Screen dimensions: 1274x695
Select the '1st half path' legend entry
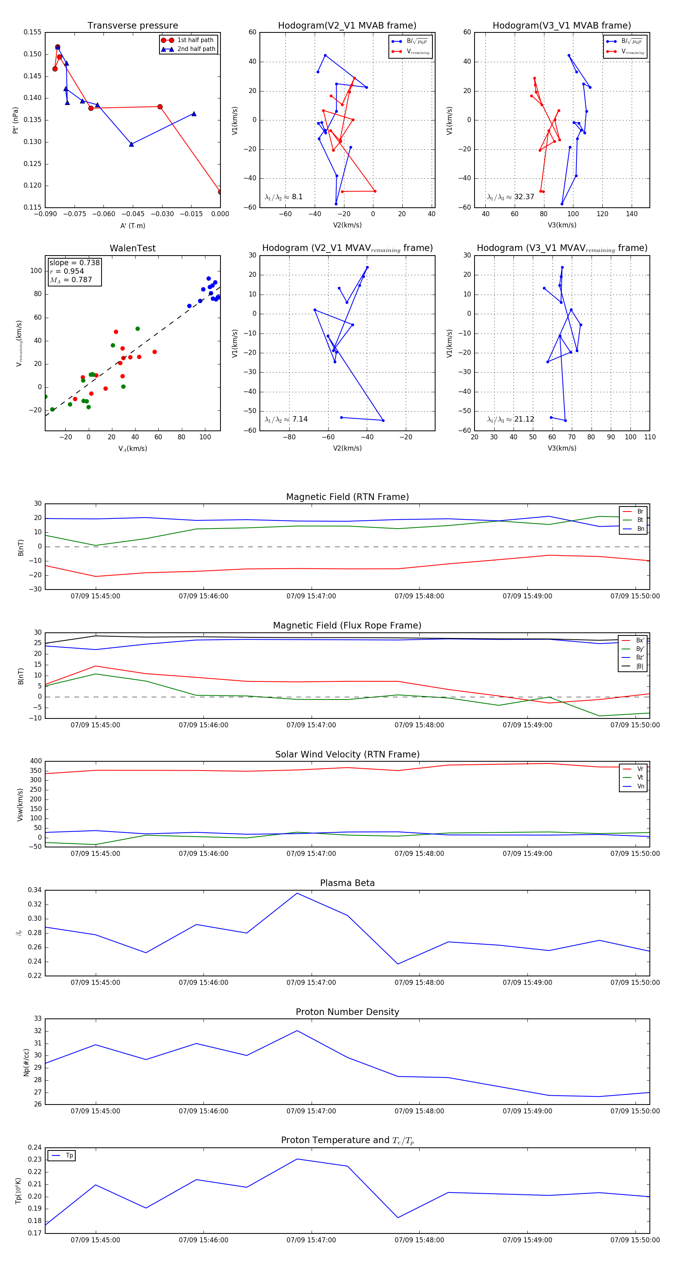click(195, 40)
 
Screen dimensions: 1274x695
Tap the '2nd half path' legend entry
click(196, 49)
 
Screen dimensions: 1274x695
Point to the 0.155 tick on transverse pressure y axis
click(33, 32)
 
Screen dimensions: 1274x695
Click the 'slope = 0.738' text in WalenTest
click(74, 263)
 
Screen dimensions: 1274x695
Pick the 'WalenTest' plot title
click(132, 248)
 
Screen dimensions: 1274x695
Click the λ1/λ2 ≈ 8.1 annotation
click(283, 197)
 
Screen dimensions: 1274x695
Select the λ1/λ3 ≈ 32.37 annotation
click(510, 197)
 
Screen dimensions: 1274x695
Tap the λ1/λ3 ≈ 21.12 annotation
click(510, 419)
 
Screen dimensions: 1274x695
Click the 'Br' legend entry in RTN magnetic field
click(640, 512)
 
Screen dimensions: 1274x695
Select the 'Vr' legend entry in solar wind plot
click(640, 769)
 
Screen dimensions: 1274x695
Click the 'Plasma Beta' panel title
click(347, 883)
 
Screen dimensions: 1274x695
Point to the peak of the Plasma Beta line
click(297, 893)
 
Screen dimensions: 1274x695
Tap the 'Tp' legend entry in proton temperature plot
click(69, 1156)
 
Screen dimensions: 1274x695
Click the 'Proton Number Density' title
click(347, 1012)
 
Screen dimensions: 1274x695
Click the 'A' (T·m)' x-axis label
click(132, 226)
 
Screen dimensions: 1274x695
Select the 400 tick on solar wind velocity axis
click(36, 761)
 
